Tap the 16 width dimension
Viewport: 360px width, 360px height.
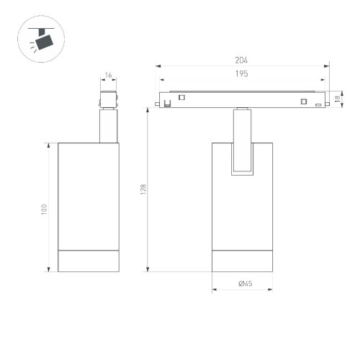108,75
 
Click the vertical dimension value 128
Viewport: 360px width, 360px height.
144,189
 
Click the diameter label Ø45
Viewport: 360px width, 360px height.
244,285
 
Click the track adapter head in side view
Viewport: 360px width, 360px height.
107,99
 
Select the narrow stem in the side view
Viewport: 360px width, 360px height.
107,125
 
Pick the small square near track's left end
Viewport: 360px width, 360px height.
182,97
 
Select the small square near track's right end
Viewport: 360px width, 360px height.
304,100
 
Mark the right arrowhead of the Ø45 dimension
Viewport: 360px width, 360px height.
271,291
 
